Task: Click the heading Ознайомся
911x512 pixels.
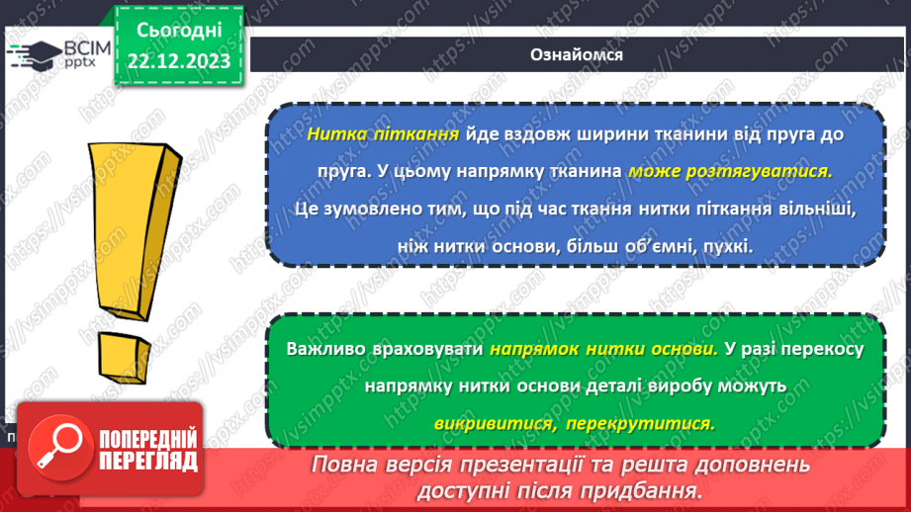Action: (575, 54)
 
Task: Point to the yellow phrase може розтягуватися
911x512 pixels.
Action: (730, 171)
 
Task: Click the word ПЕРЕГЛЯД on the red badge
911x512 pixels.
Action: (147, 461)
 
